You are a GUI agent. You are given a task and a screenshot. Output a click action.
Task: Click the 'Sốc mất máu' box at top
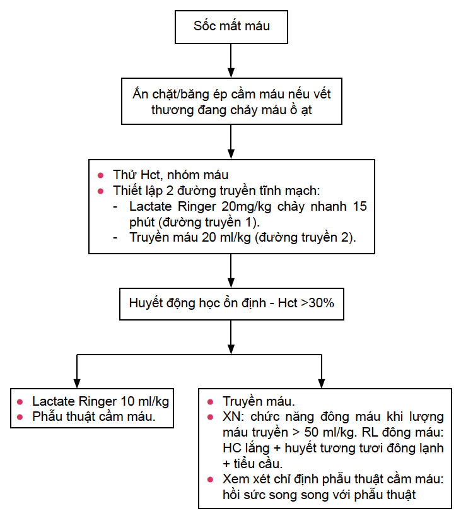231,27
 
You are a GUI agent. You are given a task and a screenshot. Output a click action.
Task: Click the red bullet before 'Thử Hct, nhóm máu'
101,175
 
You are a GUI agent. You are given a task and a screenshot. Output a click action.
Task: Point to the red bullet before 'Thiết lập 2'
101,191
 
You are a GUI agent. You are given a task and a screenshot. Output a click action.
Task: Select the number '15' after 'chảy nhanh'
359,206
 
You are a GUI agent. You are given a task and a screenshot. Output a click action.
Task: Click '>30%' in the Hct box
318,303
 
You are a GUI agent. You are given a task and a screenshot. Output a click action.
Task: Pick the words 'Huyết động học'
174,303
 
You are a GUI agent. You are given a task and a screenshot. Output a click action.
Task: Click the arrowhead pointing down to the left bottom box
77,383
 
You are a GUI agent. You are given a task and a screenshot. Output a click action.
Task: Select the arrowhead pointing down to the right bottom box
322,383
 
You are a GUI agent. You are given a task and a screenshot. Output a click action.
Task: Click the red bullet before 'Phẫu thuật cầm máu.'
20,417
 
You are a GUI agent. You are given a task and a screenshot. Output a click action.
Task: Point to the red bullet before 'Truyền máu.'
210,402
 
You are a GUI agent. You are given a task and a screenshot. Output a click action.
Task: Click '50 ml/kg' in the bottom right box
329,432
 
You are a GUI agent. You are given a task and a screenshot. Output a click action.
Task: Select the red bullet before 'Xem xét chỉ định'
210,480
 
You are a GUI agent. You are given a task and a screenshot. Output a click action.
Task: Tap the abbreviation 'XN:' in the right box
233,417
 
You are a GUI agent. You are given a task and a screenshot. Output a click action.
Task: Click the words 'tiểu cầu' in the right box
257,464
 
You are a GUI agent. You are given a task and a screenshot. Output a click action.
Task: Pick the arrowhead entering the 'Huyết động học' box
231,283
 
